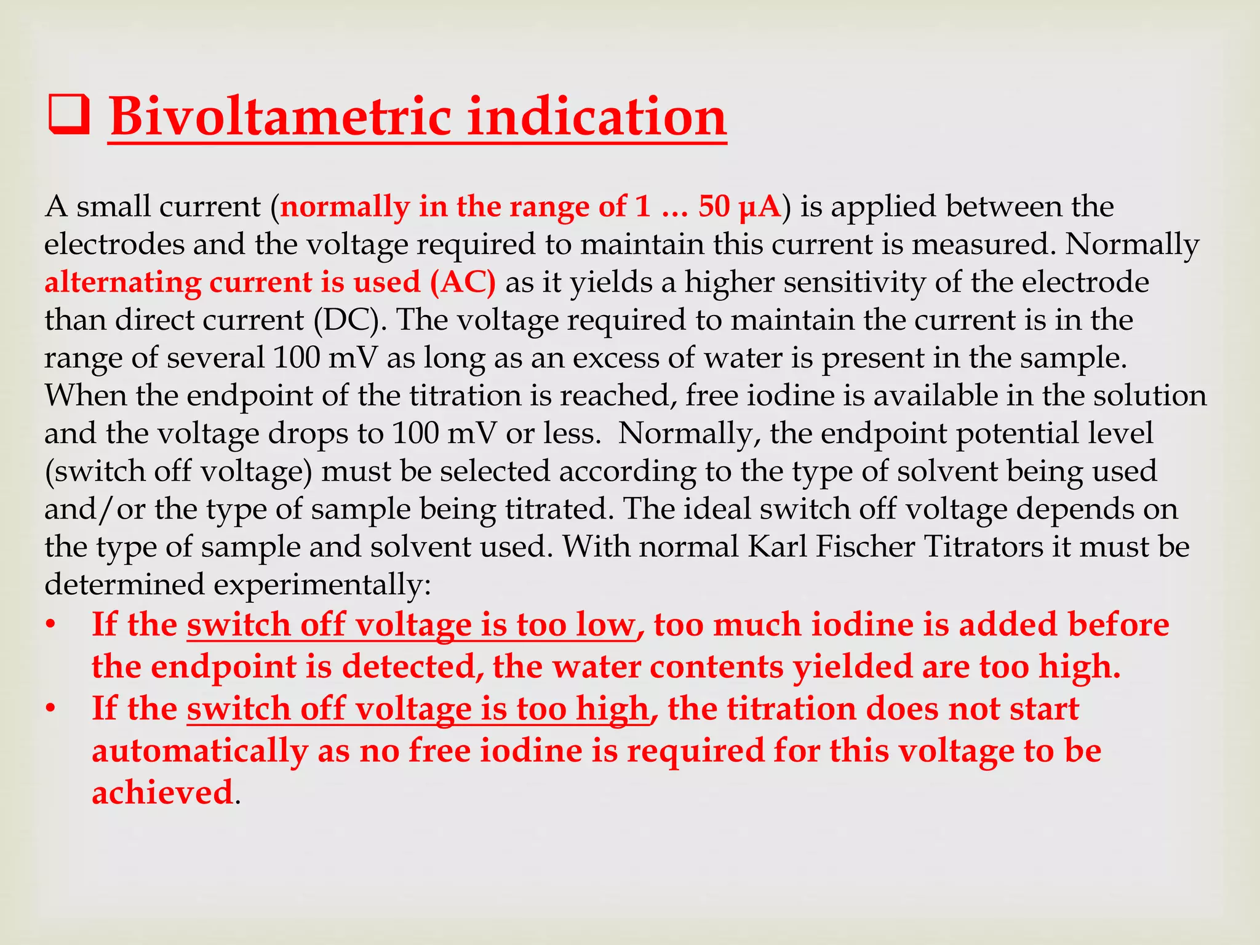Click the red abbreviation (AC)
(463, 282)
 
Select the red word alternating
(122, 282)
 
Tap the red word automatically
(200, 751)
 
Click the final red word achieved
(162, 792)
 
